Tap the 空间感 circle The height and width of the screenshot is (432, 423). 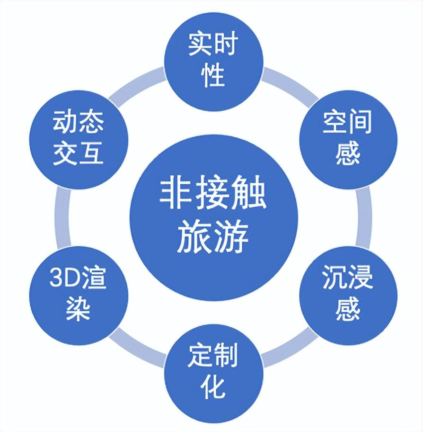click(348, 139)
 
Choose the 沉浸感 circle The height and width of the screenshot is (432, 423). click(348, 296)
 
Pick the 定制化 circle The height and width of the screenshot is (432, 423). click(214, 373)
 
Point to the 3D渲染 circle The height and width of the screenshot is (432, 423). click(79, 296)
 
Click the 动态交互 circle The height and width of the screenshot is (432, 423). click(79, 139)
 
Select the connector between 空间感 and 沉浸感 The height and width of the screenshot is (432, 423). click(364, 217)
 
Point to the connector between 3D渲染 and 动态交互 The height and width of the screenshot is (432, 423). click(63, 217)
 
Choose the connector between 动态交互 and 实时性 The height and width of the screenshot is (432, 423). click(136, 83)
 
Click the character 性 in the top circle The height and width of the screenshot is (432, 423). click(213, 75)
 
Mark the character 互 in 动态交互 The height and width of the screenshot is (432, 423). click(91, 153)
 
